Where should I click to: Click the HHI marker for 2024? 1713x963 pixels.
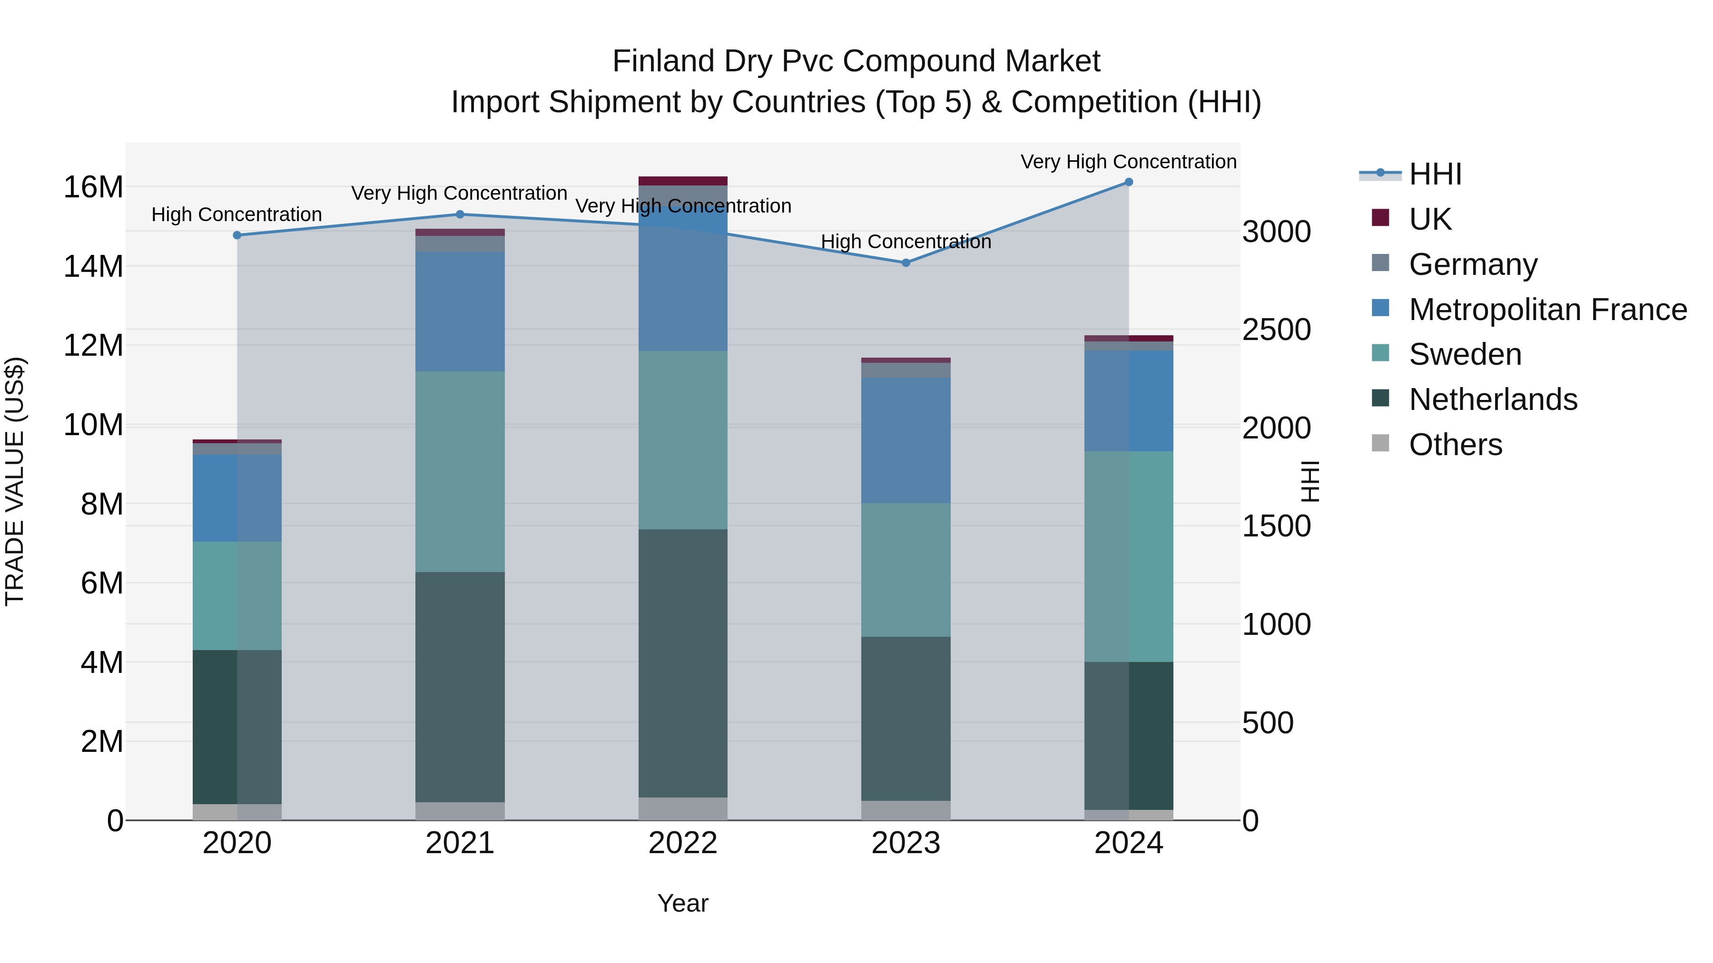(1129, 182)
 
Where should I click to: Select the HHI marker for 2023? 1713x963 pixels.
(906, 263)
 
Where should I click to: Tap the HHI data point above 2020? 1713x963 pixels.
(237, 235)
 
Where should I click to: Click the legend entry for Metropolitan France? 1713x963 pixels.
(1547, 310)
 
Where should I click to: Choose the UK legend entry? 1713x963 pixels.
(1430, 219)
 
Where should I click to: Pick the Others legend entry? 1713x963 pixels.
(1455, 445)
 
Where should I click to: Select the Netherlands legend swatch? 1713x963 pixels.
(1380, 399)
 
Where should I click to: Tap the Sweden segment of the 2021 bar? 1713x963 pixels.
(460, 472)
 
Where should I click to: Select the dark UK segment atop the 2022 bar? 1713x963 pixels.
(683, 181)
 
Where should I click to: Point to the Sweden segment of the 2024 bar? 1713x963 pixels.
(1129, 557)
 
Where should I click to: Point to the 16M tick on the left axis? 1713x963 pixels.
(93, 187)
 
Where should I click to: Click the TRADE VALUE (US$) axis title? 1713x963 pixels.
(15, 481)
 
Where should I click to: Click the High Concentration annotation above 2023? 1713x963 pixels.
(906, 242)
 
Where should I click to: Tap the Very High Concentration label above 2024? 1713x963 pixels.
(1129, 162)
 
